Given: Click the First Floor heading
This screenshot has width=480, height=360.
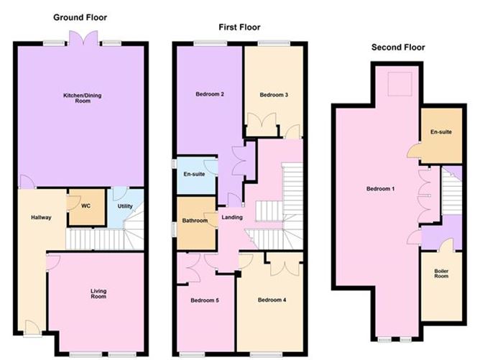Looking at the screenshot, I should pyautogui.click(x=239, y=27).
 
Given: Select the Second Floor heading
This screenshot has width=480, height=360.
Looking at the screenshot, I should pyautogui.click(x=398, y=47).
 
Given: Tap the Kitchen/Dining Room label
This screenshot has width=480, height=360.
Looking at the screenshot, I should pyautogui.click(x=80, y=98).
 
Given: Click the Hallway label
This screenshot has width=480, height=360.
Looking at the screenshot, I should pyautogui.click(x=41, y=218).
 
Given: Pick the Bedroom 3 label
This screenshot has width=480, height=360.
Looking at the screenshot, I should pyautogui.click(x=273, y=95).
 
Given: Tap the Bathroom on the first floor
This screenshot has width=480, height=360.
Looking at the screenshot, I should pyautogui.click(x=193, y=221).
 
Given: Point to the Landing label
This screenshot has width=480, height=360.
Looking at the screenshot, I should pyautogui.click(x=231, y=218).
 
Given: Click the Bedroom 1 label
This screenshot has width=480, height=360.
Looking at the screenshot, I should pyautogui.click(x=381, y=189).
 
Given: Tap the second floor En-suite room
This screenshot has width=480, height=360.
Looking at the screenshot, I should pyautogui.click(x=440, y=134).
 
